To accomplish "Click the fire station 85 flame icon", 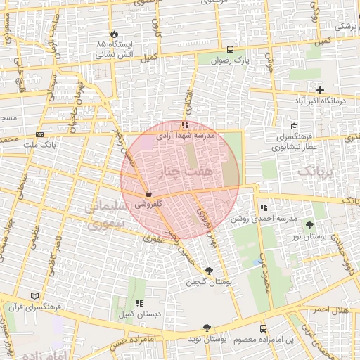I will [x=114, y=34].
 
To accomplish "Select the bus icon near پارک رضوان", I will [x=230, y=49].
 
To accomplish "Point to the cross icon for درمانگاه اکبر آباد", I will [x=320, y=90].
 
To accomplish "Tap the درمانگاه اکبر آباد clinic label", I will [x=321, y=101].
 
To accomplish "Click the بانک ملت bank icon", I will [x=39, y=134].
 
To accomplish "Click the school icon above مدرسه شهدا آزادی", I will [x=185, y=124].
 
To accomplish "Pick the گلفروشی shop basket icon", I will [x=148, y=194].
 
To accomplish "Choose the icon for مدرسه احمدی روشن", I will [x=264, y=207].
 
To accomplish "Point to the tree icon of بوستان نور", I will [x=310, y=224].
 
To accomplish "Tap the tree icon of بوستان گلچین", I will [x=208, y=271].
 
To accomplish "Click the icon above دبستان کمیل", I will [x=139, y=302].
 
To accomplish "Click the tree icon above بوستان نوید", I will [x=206, y=328].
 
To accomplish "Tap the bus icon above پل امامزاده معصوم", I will [x=263, y=328].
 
